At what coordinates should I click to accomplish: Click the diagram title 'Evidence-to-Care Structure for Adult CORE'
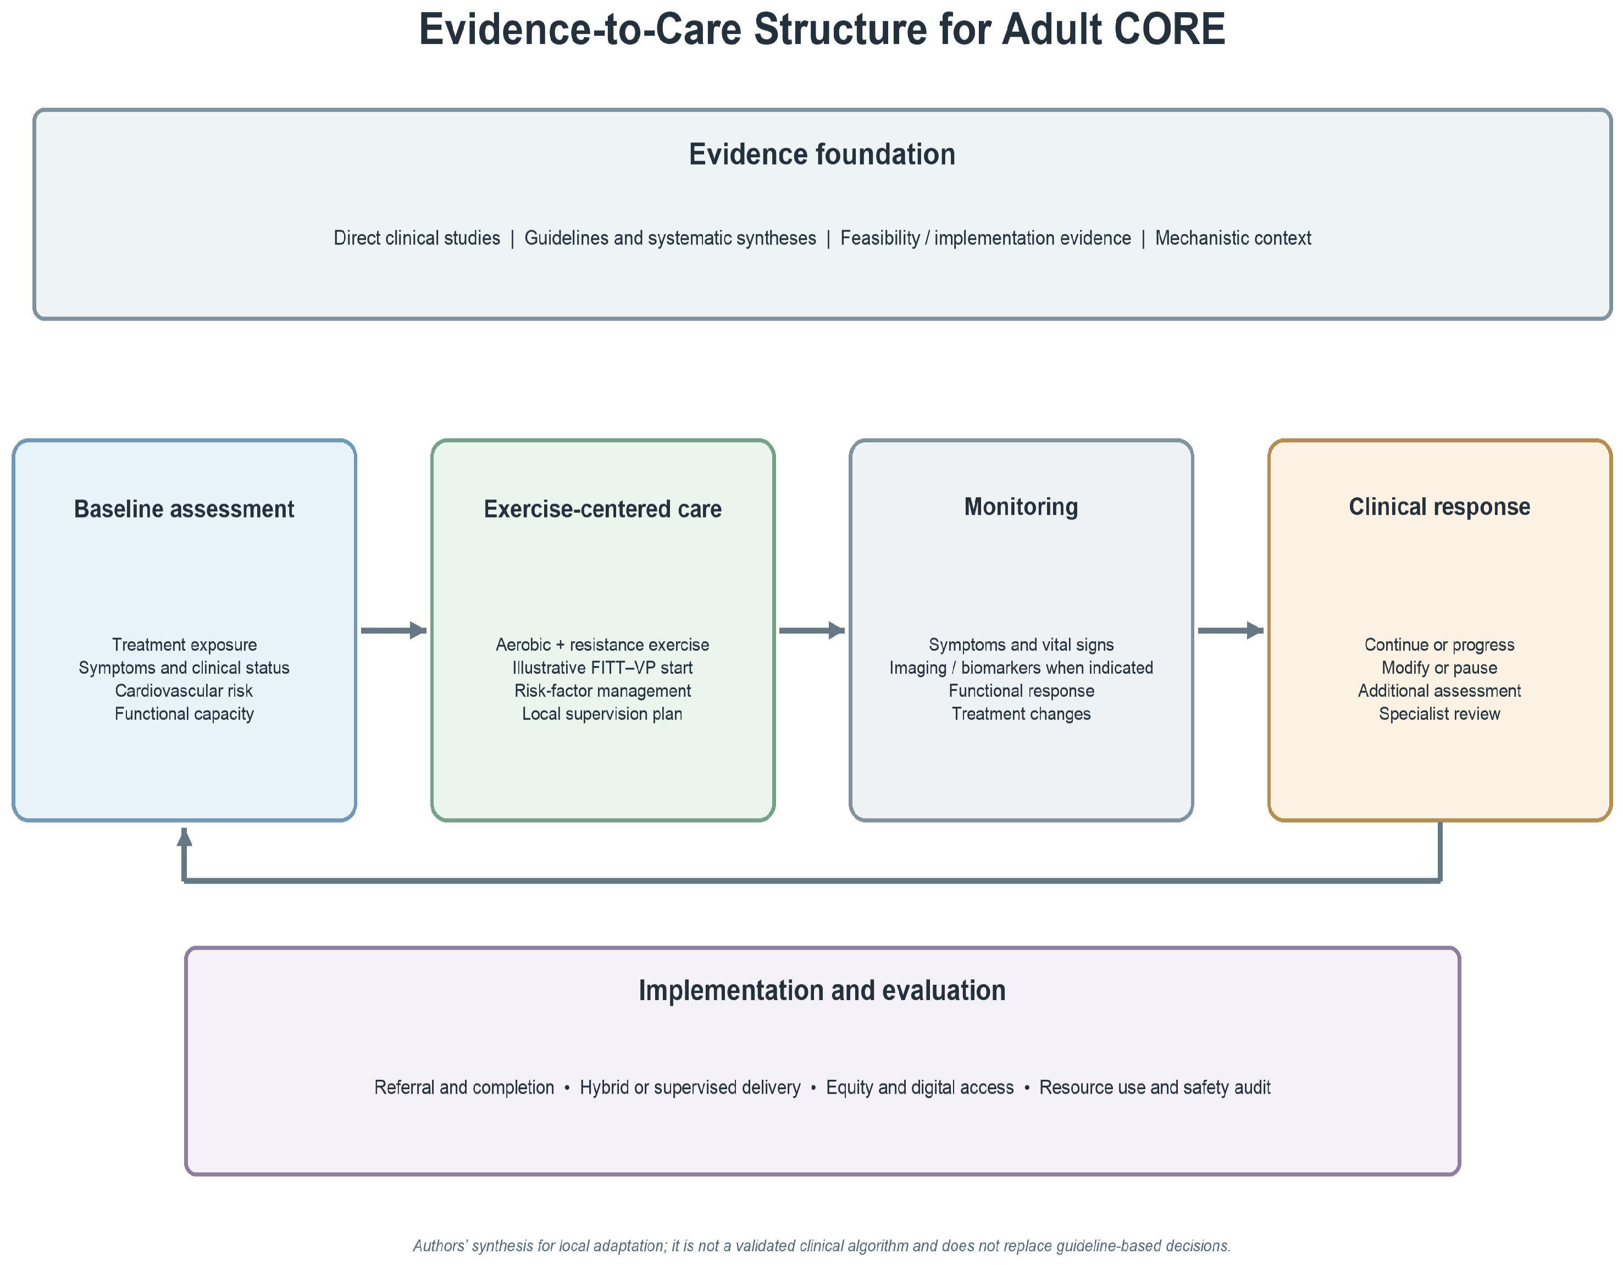(x=822, y=30)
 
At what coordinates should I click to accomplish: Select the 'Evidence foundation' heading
(x=822, y=154)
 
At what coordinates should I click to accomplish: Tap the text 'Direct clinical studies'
(x=417, y=238)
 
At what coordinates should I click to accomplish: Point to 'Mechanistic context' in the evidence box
(x=1233, y=238)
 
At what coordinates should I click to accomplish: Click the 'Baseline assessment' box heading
(x=184, y=509)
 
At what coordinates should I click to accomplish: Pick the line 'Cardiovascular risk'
(x=184, y=691)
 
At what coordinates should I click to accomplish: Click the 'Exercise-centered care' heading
(x=603, y=509)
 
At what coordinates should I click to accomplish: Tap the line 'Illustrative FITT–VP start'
(x=603, y=668)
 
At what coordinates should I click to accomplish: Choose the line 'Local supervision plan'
(x=603, y=714)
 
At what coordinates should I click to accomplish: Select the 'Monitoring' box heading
(x=1021, y=507)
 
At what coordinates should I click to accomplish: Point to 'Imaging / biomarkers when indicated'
(x=1021, y=668)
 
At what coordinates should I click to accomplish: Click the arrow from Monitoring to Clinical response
(x=1231, y=631)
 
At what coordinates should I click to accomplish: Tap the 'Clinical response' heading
(x=1439, y=507)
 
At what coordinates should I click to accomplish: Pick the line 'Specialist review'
(x=1439, y=714)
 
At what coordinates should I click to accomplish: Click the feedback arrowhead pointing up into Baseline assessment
(x=184, y=836)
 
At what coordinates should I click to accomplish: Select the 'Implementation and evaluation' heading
(x=822, y=990)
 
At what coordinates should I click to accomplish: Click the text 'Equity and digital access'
(x=920, y=1088)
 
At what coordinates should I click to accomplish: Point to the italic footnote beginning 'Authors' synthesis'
(x=822, y=1246)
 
